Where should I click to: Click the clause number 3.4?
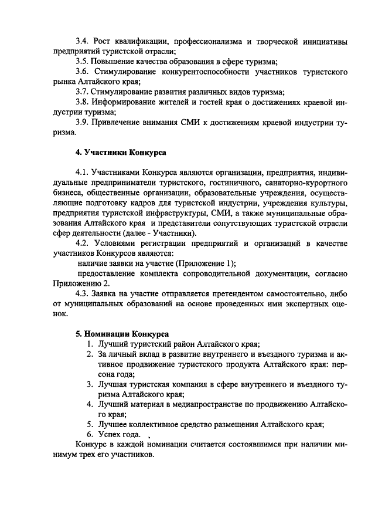(x=82, y=42)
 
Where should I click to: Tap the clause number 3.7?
(x=82, y=92)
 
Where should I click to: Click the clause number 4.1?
(x=82, y=173)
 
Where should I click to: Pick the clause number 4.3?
(x=82, y=294)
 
